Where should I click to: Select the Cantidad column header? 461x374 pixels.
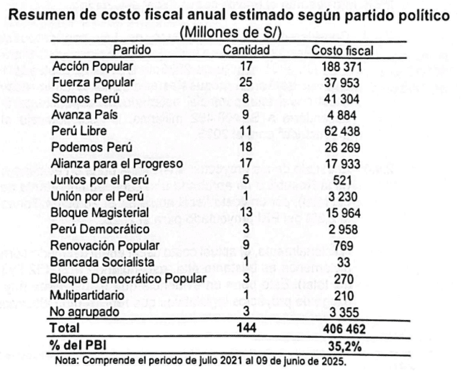click(x=246, y=50)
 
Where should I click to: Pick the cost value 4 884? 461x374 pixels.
click(x=342, y=114)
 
